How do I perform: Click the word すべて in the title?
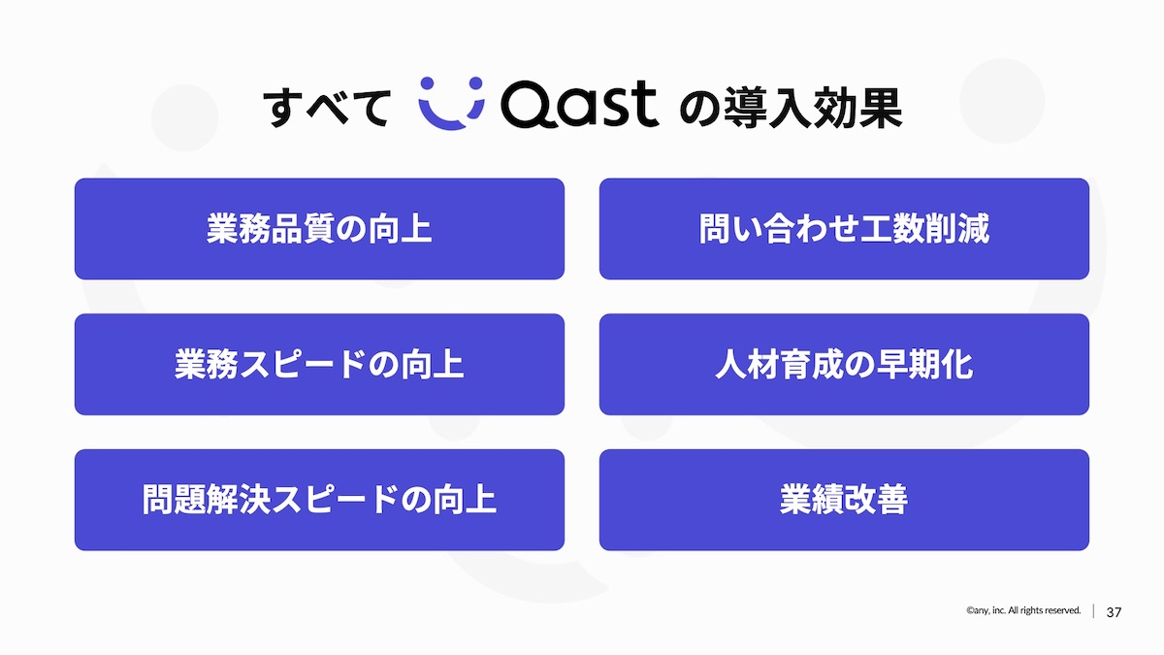click(326, 108)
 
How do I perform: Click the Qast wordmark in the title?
click(580, 104)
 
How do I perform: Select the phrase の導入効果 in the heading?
click(791, 107)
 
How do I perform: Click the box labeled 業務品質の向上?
click(319, 229)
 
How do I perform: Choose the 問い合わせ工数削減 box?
click(844, 229)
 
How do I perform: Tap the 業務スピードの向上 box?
click(319, 364)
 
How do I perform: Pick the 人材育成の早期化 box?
click(844, 364)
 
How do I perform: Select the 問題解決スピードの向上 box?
click(319, 500)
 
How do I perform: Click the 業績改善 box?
click(844, 500)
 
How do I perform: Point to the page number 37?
click(1114, 612)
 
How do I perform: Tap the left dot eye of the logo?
click(427, 83)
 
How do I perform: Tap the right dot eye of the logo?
click(475, 83)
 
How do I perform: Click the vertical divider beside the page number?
click(1093, 611)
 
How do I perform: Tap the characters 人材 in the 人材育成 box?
click(747, 364)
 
